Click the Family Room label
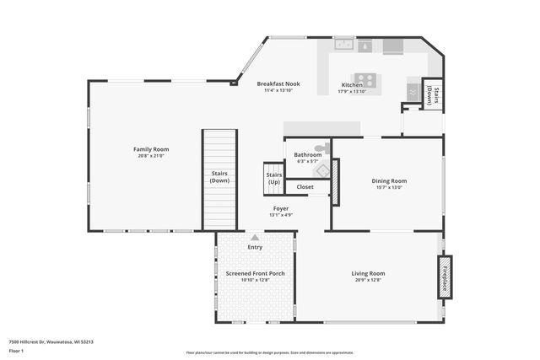tap(150, 149)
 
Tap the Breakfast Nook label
tap(278, 84)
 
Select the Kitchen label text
tap(352, 85)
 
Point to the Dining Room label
tap(389, 180)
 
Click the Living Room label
tap(368, 273)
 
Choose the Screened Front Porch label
tap(255, 273)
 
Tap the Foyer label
tap(281, 208)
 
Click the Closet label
tap(305, 187)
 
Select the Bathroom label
tap(307, 155)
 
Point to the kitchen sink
tap(343, 44)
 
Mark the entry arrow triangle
tap(255, 238)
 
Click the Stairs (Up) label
tap(274, 179)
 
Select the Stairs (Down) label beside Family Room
tap(219, 177)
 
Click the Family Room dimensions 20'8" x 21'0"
tap(150, 156)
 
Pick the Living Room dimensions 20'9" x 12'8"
tap(368, 280)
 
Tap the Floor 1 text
tap(16, 349)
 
